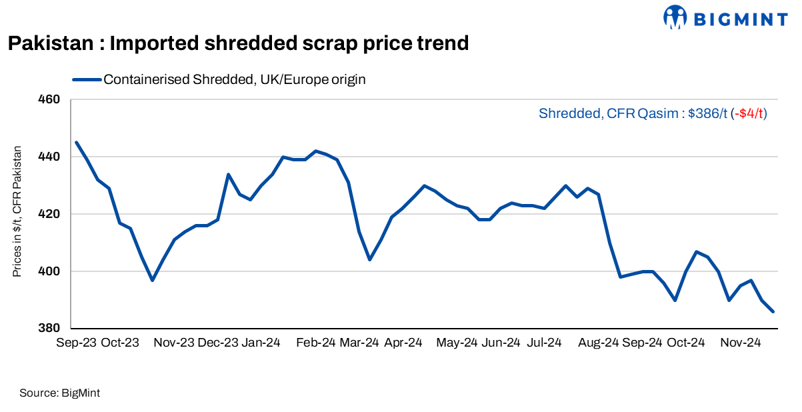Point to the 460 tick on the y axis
click(51, 100)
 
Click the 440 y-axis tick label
click(51, 157)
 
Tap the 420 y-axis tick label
click(51, 215)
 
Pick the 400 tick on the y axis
click(51, 272)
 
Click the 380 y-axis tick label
click(51, 329)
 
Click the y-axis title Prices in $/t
click(17, 211)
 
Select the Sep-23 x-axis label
click(76, 343)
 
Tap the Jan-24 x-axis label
click(261, 343)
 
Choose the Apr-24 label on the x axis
click(403, 343)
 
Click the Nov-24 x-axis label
click(741, 343)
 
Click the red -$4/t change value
click(749, 113)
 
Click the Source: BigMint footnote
click(60, 393)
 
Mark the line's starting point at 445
click(76, 142)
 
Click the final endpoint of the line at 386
click(773, 311)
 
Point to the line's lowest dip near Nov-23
click(152, 280)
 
